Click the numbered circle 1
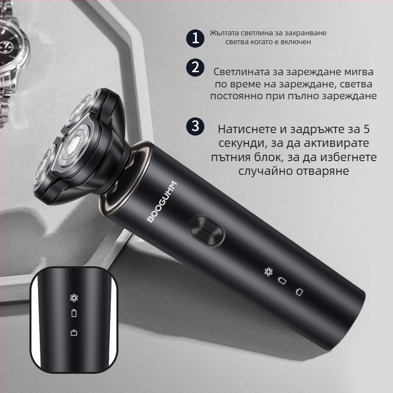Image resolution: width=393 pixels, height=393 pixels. pyautogui.click(x=196, y=38)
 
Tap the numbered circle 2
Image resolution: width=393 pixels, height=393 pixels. pyautogui.click(x=196, y=67)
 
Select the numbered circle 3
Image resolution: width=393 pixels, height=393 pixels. pyautogui.click(x=196, y=126)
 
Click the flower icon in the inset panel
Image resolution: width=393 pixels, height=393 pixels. pyautogui.click(x=74, y=297)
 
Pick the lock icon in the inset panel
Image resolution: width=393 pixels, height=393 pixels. pyautogui.click(x=74, y=333)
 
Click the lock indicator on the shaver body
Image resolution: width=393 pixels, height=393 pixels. pyautogui.click(x=299, y=292)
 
